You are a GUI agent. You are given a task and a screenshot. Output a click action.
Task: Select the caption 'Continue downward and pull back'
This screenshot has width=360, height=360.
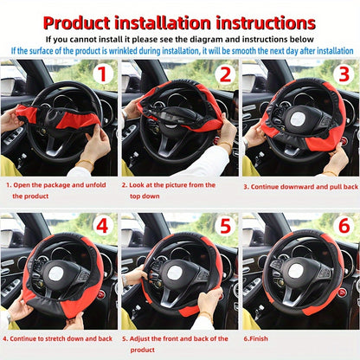pos(300,185)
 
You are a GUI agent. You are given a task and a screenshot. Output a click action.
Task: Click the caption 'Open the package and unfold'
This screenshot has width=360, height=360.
pos(59,184)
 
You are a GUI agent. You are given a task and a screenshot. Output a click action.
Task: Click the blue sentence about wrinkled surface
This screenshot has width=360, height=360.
pos(180,50)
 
